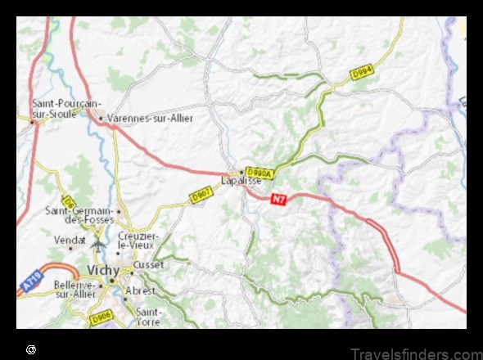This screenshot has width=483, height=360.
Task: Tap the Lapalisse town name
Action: coord(241,180)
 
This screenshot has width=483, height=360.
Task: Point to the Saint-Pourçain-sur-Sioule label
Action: coord(65,109)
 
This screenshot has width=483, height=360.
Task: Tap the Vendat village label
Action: coord(70,240)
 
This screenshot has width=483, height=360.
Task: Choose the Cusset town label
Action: coord(149,265)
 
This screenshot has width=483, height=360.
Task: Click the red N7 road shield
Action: coord(280,198)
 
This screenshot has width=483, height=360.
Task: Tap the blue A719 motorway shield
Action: coord(31,283)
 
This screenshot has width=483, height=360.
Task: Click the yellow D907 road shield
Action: coord(201,196)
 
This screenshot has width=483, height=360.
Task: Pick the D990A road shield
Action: coord(259,172)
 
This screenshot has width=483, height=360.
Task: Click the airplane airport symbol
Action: coord(100,244)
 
